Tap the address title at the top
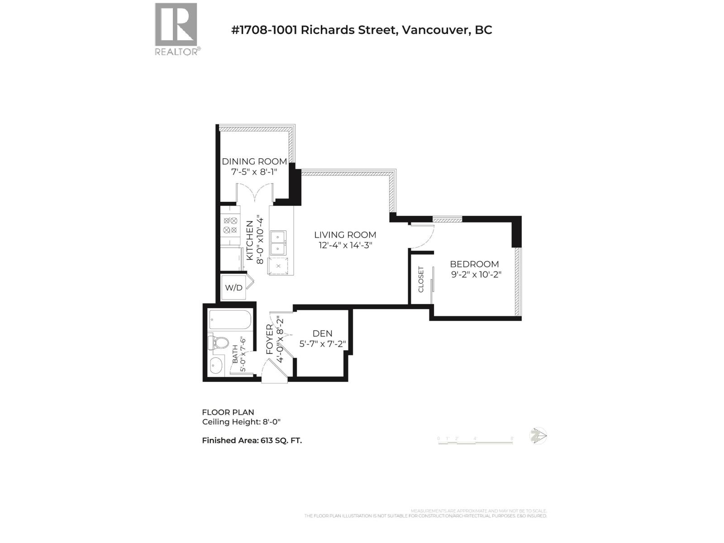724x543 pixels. pyautogui.click(x=362, y=30)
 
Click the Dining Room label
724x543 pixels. pyautogui.click(x=254, y=162)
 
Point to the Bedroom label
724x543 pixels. pyautogui.click(x=474, y=264)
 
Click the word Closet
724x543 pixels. pyautogui.click(x=421, y=279)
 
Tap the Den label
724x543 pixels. pyautogui.click(x=322, y=333)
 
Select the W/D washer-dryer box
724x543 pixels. pyautogui.click(x=233, y=287)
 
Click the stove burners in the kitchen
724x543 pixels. pyautogui.click(x=230, y=225)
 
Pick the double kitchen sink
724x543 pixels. pyautogui.click(x=277, y=243)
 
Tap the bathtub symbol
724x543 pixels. pyautogui.click(x=230, y=320)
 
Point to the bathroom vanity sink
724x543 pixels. pyautogui.click(x=216, y=365)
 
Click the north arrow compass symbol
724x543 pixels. pyautogui.click(x=538, y=436)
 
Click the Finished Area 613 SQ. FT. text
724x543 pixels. pyautogui.click(x=252, y=440)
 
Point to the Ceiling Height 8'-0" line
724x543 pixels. pyautogui.click(x=241, y=422)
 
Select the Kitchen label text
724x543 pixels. pyautogui.click(x=249, y=240)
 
